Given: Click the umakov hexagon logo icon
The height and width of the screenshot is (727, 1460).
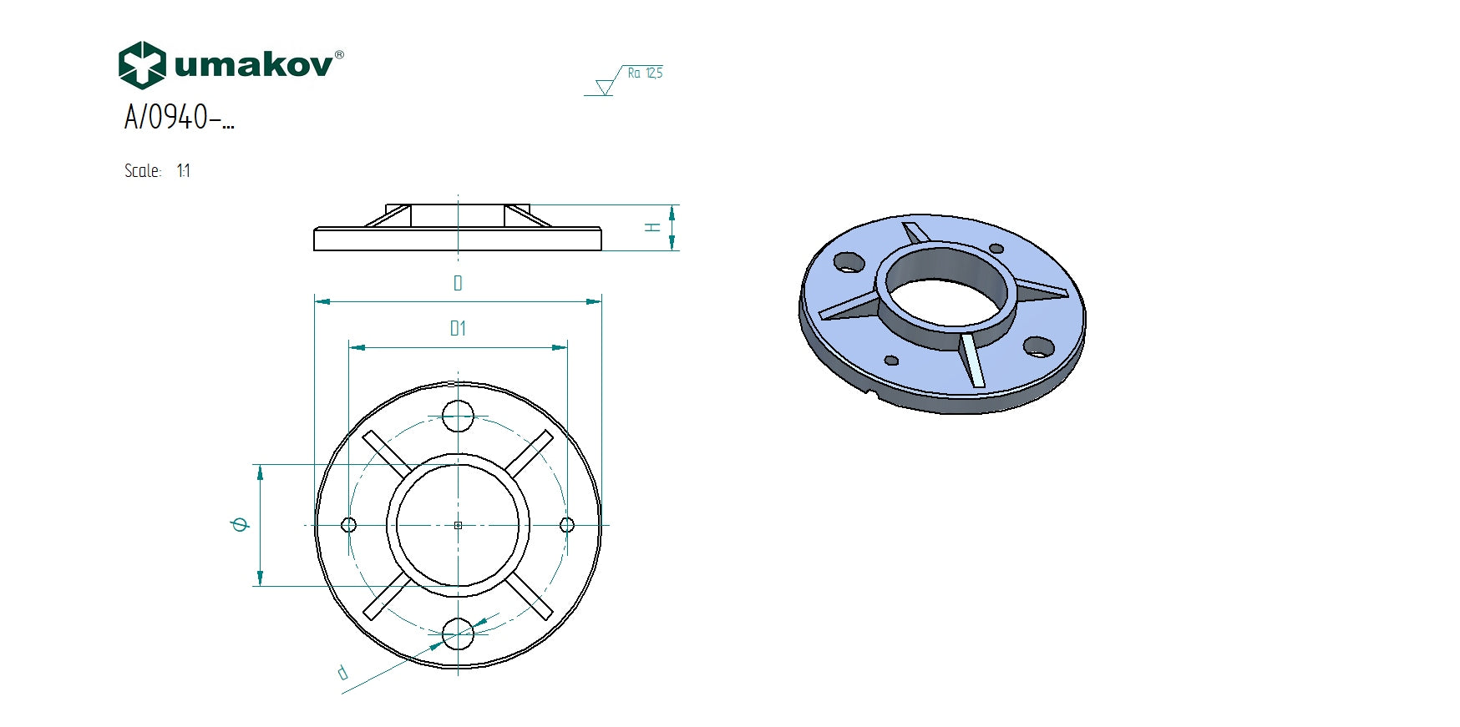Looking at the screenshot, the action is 142,65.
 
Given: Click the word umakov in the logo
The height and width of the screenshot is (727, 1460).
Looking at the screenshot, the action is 254,64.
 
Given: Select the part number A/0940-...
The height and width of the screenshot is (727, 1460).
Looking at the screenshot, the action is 179,117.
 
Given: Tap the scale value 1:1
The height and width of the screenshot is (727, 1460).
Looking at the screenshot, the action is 184,171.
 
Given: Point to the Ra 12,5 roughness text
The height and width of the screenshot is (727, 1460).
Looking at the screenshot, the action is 645,73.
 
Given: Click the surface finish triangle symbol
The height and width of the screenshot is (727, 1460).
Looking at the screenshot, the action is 605,87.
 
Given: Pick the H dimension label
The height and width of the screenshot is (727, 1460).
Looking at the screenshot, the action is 653,227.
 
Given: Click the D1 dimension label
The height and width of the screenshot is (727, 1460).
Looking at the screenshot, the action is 458,328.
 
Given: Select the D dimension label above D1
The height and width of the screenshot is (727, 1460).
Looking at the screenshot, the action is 458,283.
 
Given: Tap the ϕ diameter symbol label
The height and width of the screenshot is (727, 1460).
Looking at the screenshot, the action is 241,524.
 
